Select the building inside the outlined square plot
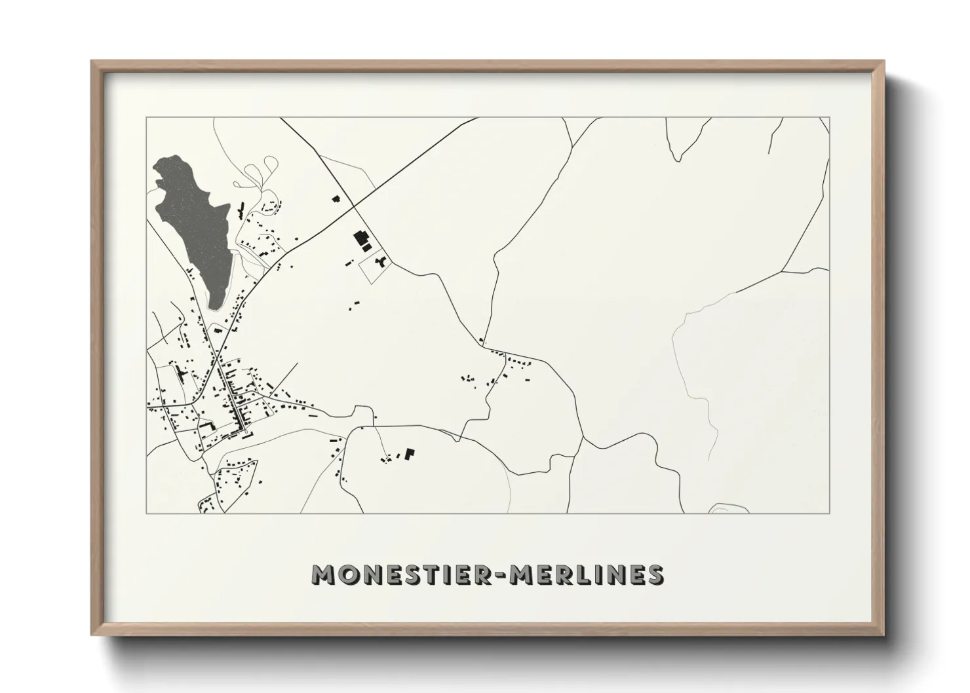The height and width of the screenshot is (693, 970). pos(379,263)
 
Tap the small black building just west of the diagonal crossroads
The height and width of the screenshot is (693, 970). pos(337,198)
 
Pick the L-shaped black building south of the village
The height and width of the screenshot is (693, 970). pos(410,453)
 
